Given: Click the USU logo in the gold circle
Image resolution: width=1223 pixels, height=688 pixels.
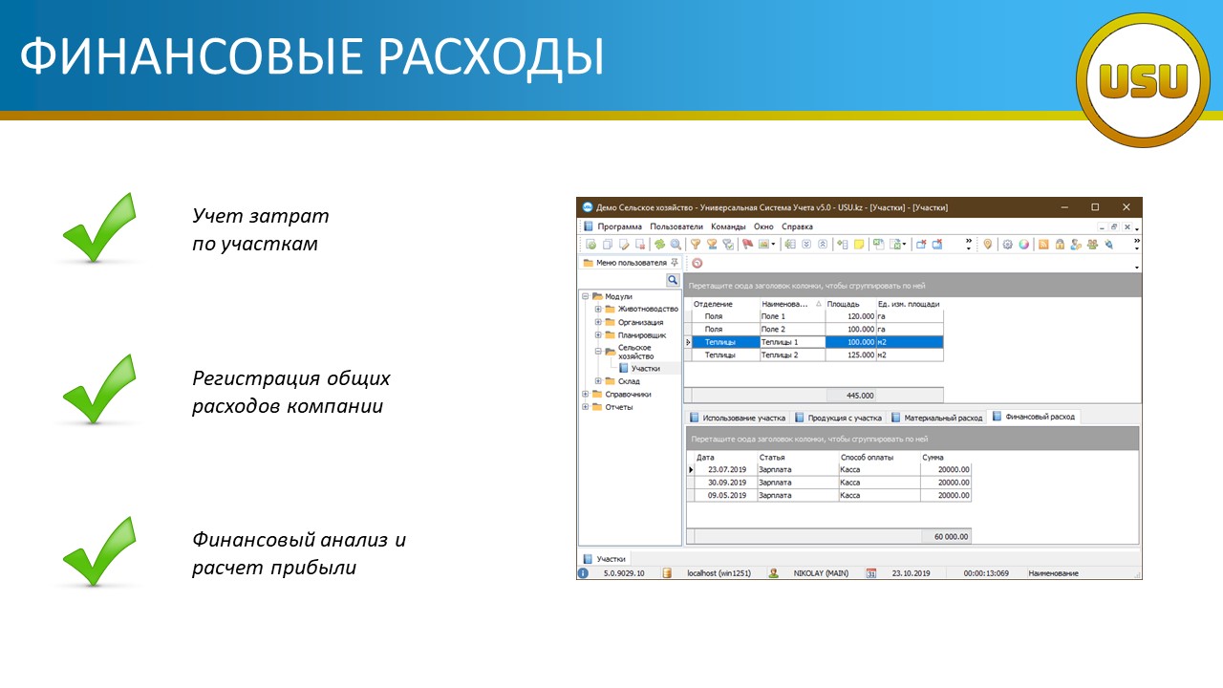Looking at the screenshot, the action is coord(1143,80).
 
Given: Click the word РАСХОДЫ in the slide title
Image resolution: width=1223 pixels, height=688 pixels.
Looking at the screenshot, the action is coord(491,56).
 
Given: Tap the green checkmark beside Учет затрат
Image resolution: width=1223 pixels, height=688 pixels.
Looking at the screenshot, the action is coord(99,227).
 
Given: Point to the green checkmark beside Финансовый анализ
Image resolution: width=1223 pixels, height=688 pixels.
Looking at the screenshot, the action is coord(99,551).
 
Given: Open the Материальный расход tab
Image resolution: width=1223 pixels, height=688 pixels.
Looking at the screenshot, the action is coord(937,418).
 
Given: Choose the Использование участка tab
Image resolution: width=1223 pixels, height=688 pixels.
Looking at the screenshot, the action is coord(738,418).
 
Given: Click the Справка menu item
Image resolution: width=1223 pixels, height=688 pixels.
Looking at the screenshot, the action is coord(797,226).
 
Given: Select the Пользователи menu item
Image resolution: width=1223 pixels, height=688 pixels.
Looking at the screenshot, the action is coord(676,226).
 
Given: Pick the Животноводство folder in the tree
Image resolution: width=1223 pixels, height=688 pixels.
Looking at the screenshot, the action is coord(641,309).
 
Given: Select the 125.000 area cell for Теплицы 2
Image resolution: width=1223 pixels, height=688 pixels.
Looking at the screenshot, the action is coord(850,355).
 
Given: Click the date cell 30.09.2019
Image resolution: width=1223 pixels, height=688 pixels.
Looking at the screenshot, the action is coord(727,483).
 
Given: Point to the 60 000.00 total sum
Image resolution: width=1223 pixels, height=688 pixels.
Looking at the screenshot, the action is coord(951,537).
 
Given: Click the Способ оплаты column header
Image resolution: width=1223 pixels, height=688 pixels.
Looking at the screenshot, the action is coord(867,458).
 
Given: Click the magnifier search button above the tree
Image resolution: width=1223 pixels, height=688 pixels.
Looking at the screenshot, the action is coord(673,280).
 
